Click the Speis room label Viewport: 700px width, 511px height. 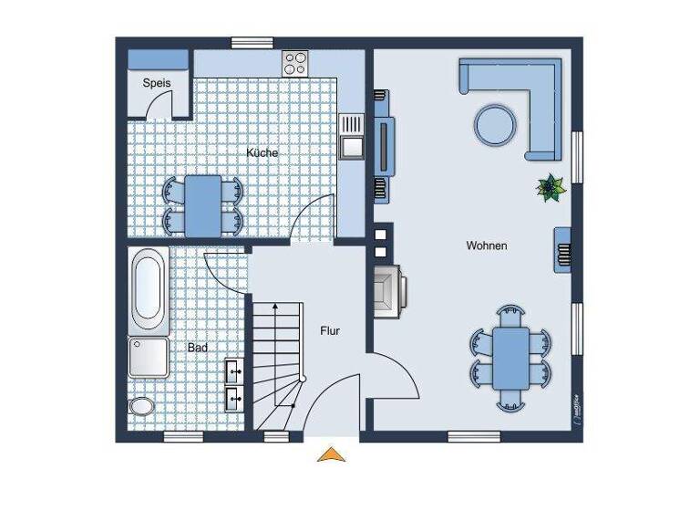[158, 82]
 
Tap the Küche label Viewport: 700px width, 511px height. [262, 152]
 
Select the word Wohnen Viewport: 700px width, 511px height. [486, 245]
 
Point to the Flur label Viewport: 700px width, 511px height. [329, 330]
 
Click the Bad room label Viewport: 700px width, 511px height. [197, 348]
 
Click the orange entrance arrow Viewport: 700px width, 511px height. [332, 454]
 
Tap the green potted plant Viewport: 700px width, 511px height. [551, 188]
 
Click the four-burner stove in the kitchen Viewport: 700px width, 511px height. [295, 62]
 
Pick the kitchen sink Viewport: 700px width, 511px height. [351, 135]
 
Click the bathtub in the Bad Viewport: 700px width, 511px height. [149, 290]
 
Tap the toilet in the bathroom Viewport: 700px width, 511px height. [141, 405]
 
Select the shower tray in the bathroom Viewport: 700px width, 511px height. [148, 358]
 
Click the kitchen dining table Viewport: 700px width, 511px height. [204, 203]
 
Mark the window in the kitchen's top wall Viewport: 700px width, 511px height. [252, 41]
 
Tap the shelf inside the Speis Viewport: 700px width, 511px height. [158, 58]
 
